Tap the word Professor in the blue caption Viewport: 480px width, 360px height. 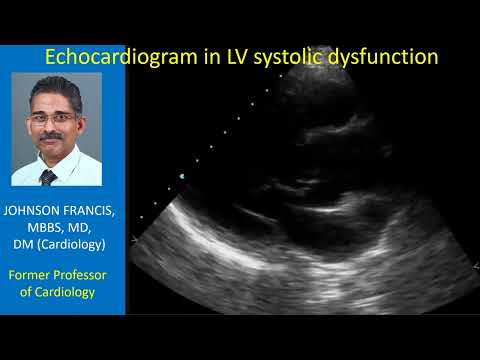coord(86,274)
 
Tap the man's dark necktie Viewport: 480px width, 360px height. coord(48,177)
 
